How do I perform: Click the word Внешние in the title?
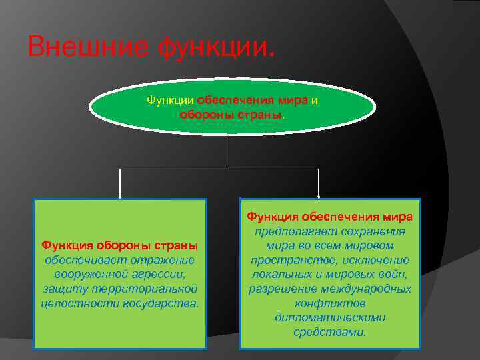[89, 47]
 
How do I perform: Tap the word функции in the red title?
[214, 47]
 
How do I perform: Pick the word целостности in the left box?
[80, 303]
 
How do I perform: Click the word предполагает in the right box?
[289, 231]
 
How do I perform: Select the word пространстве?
[286, 260]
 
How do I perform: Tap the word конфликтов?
[330, 303]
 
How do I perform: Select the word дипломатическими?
[330, 317]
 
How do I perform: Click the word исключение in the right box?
[377, 260]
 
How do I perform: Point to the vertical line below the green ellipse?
[229, 151]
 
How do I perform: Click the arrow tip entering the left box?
[120, 197]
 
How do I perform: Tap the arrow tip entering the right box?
[319, 197]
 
